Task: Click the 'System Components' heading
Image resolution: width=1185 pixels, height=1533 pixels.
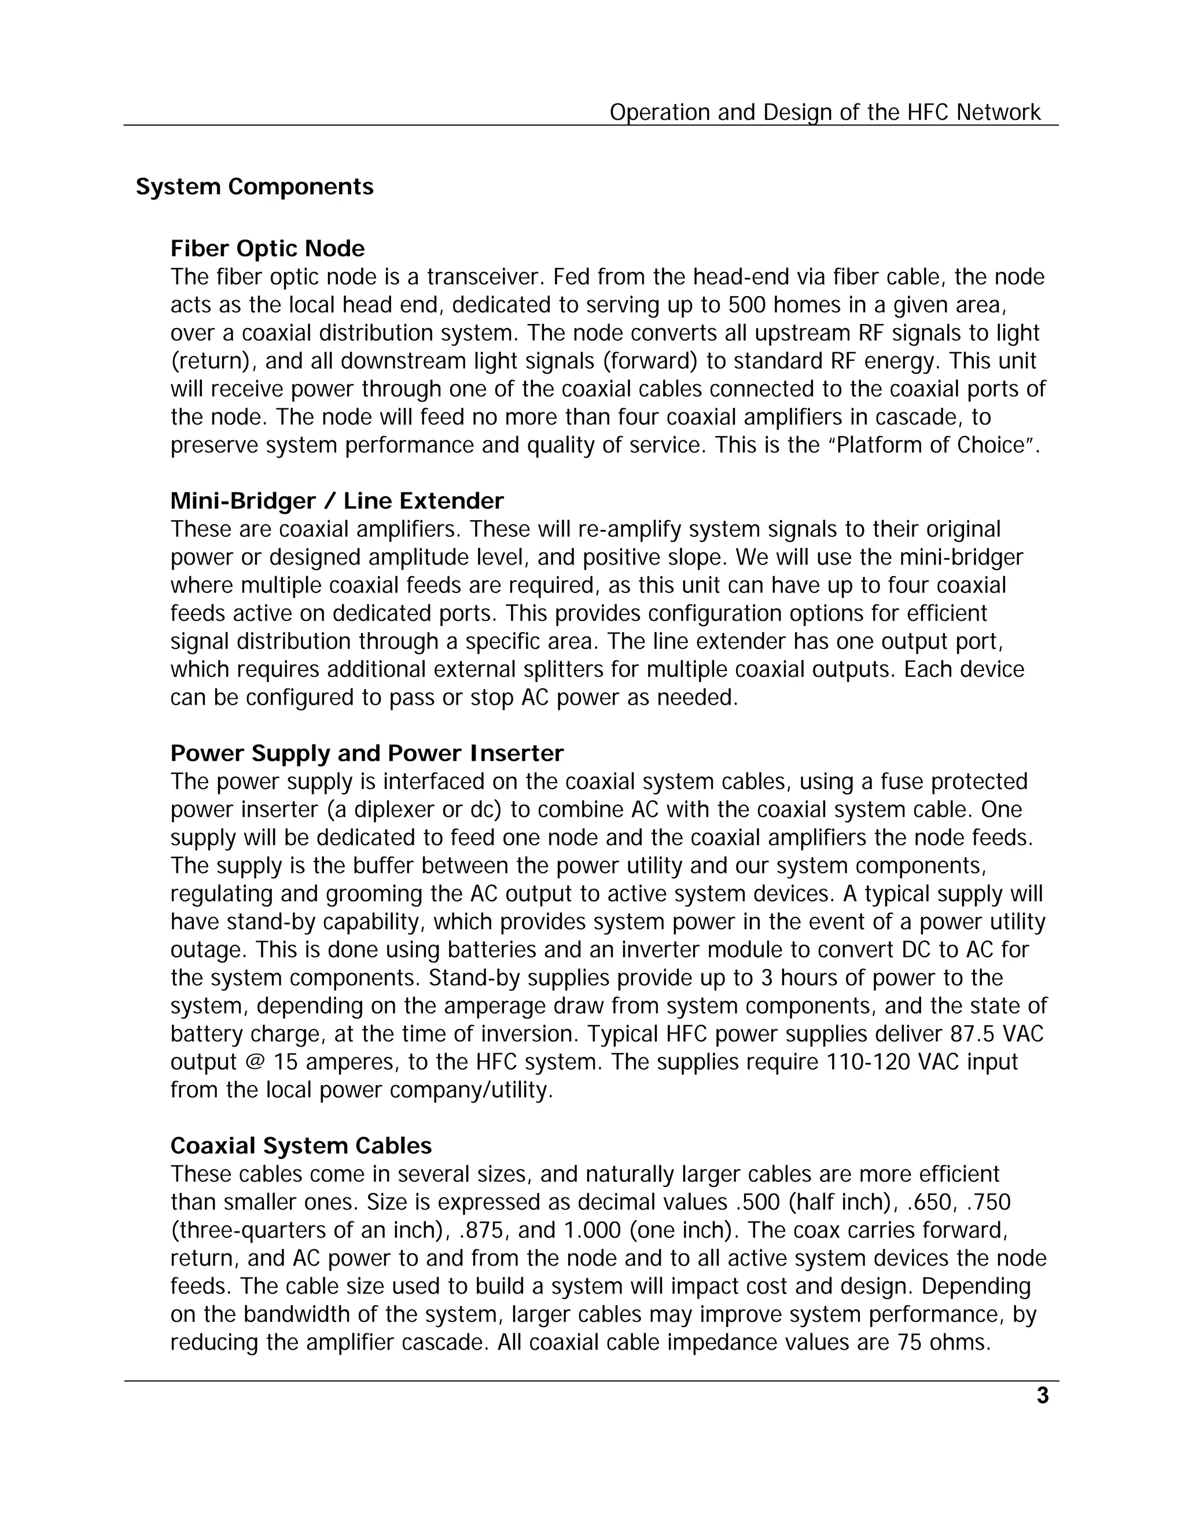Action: point(254,187)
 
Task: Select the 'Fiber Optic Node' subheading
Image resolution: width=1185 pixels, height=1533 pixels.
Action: point(267,249)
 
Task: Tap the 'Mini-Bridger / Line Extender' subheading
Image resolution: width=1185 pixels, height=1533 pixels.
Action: point(337,500)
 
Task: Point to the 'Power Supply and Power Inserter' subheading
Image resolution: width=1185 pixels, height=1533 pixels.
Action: point(366,753)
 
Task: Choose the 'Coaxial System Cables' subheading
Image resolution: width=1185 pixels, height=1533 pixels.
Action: point(300,1145)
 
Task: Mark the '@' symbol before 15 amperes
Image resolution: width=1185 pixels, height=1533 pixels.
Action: point(254,1062)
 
